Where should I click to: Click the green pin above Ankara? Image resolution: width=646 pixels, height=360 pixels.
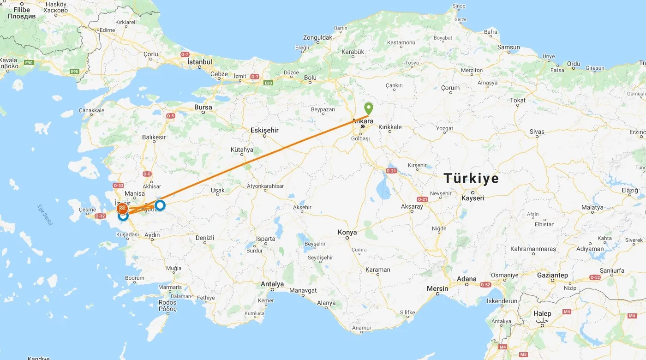(369, 109)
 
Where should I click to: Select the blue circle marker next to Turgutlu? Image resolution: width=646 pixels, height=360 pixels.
(160, 205)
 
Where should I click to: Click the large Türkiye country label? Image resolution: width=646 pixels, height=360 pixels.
(471, 179)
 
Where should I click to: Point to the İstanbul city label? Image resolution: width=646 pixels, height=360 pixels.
(200, 62)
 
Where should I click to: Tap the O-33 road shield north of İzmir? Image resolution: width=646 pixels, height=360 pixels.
(119, 186)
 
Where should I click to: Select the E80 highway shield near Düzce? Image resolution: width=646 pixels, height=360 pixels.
(268, 83)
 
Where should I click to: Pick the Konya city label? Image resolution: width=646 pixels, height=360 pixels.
(347, 233)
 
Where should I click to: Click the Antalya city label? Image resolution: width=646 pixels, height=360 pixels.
(272, 284)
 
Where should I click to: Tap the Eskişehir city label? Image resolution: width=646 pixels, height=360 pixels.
(264, 131)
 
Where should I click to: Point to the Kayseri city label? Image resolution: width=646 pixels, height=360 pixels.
(473, 198)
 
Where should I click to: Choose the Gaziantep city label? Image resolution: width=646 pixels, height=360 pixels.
(552, 275)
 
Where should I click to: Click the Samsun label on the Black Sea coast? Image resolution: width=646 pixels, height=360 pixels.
(508, 48)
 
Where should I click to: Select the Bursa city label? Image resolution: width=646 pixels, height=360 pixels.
(203, 108)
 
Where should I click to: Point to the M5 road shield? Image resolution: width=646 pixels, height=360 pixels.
(523, 354)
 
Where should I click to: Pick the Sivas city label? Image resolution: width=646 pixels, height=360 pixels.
(537, 132)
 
